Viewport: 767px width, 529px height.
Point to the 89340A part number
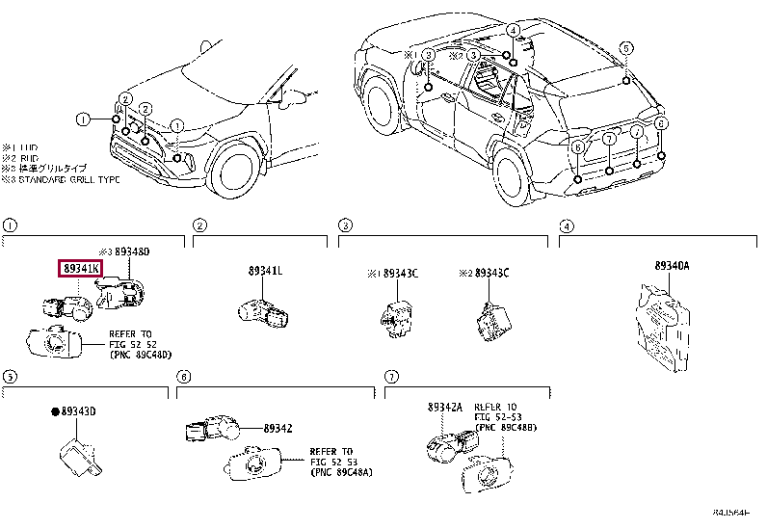coord(672,265)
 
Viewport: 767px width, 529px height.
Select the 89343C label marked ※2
coord(489,274)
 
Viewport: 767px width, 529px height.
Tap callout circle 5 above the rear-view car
coord(624,48)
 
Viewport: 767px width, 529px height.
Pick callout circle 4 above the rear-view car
coord(513,30)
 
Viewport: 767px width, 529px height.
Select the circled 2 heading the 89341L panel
coord(199,225)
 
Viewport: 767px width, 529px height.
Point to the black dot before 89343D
coord(55,412)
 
